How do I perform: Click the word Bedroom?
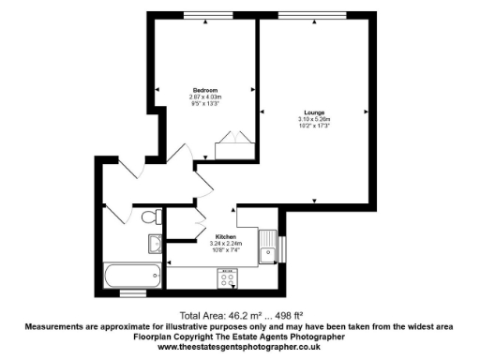[x=204, y=89]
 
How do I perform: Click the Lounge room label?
[x=314, y=112]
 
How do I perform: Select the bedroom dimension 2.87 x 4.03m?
[x=204, y=97]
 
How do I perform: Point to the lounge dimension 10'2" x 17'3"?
[x=314, y=126]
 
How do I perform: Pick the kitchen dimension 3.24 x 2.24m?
[x=225, y=244]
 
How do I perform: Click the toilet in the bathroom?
[x=148, y=218]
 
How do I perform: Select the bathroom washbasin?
[x=155, y=245]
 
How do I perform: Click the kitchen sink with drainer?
[x=271, y=247]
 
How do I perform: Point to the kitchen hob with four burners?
[x=228, y=276]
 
